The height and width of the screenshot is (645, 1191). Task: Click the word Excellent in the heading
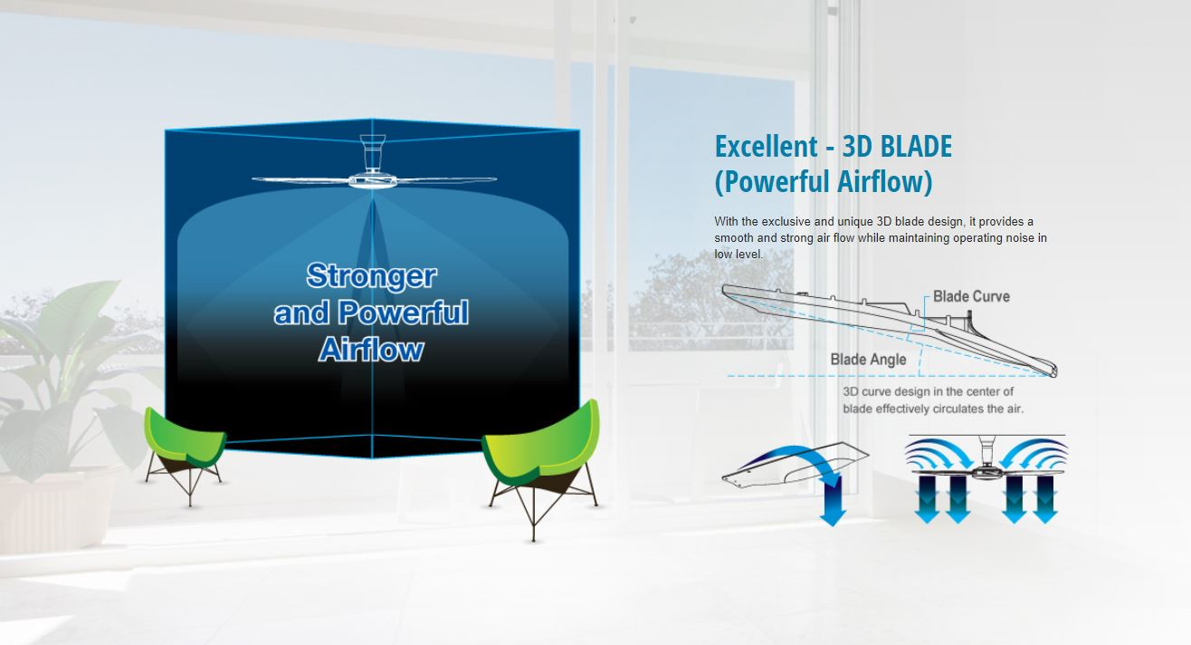767,147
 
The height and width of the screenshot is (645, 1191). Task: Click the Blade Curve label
971,296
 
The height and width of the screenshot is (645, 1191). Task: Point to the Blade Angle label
868,360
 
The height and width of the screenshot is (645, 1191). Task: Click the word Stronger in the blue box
372,275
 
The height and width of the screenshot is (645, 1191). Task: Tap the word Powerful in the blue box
404,312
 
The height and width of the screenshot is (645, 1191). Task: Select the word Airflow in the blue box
371,349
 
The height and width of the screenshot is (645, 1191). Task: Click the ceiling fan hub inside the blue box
373,180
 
